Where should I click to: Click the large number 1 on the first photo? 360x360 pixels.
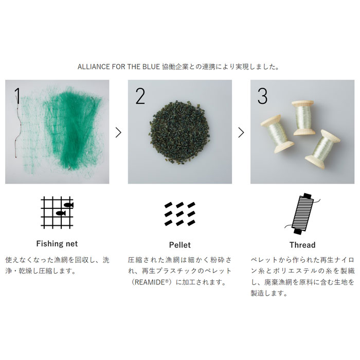tap(18, 96)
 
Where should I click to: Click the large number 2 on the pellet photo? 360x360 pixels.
tap(140, 96)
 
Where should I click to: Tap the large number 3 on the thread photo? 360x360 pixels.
tap(262, 96)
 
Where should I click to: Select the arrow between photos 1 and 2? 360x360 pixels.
tap(118, 132)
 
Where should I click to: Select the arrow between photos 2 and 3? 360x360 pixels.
tap(241, 132)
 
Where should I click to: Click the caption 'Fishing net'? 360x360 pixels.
tap(57, 244)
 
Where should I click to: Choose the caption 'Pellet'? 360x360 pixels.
tap(179, 245)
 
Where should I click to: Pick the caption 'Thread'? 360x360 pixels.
tap(302, 245)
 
